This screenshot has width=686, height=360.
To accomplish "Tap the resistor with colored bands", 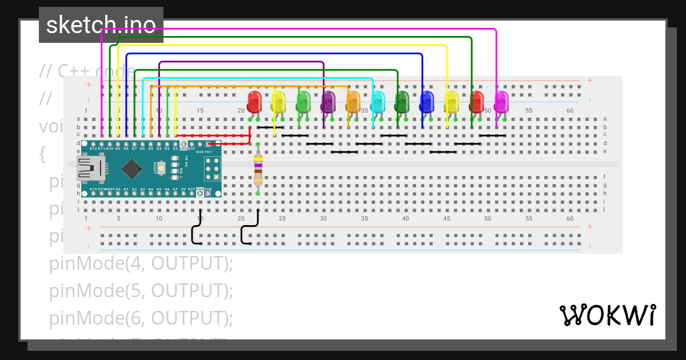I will pos(258,169).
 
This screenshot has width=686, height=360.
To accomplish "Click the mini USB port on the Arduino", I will pos(90,168).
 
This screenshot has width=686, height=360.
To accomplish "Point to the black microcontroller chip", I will pos(133,168).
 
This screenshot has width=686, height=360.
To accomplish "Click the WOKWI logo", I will pos(607,315).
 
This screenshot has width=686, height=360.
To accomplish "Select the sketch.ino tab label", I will pos(101,25).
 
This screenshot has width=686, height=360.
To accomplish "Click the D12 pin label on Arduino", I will pos(93,149).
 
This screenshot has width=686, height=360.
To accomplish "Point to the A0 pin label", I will pos(118,188).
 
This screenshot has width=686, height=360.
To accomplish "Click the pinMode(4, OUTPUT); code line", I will pos(141,264).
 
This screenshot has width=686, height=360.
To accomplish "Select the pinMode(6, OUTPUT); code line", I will pos(141,317).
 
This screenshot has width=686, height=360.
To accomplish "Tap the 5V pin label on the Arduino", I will pos(184,188).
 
